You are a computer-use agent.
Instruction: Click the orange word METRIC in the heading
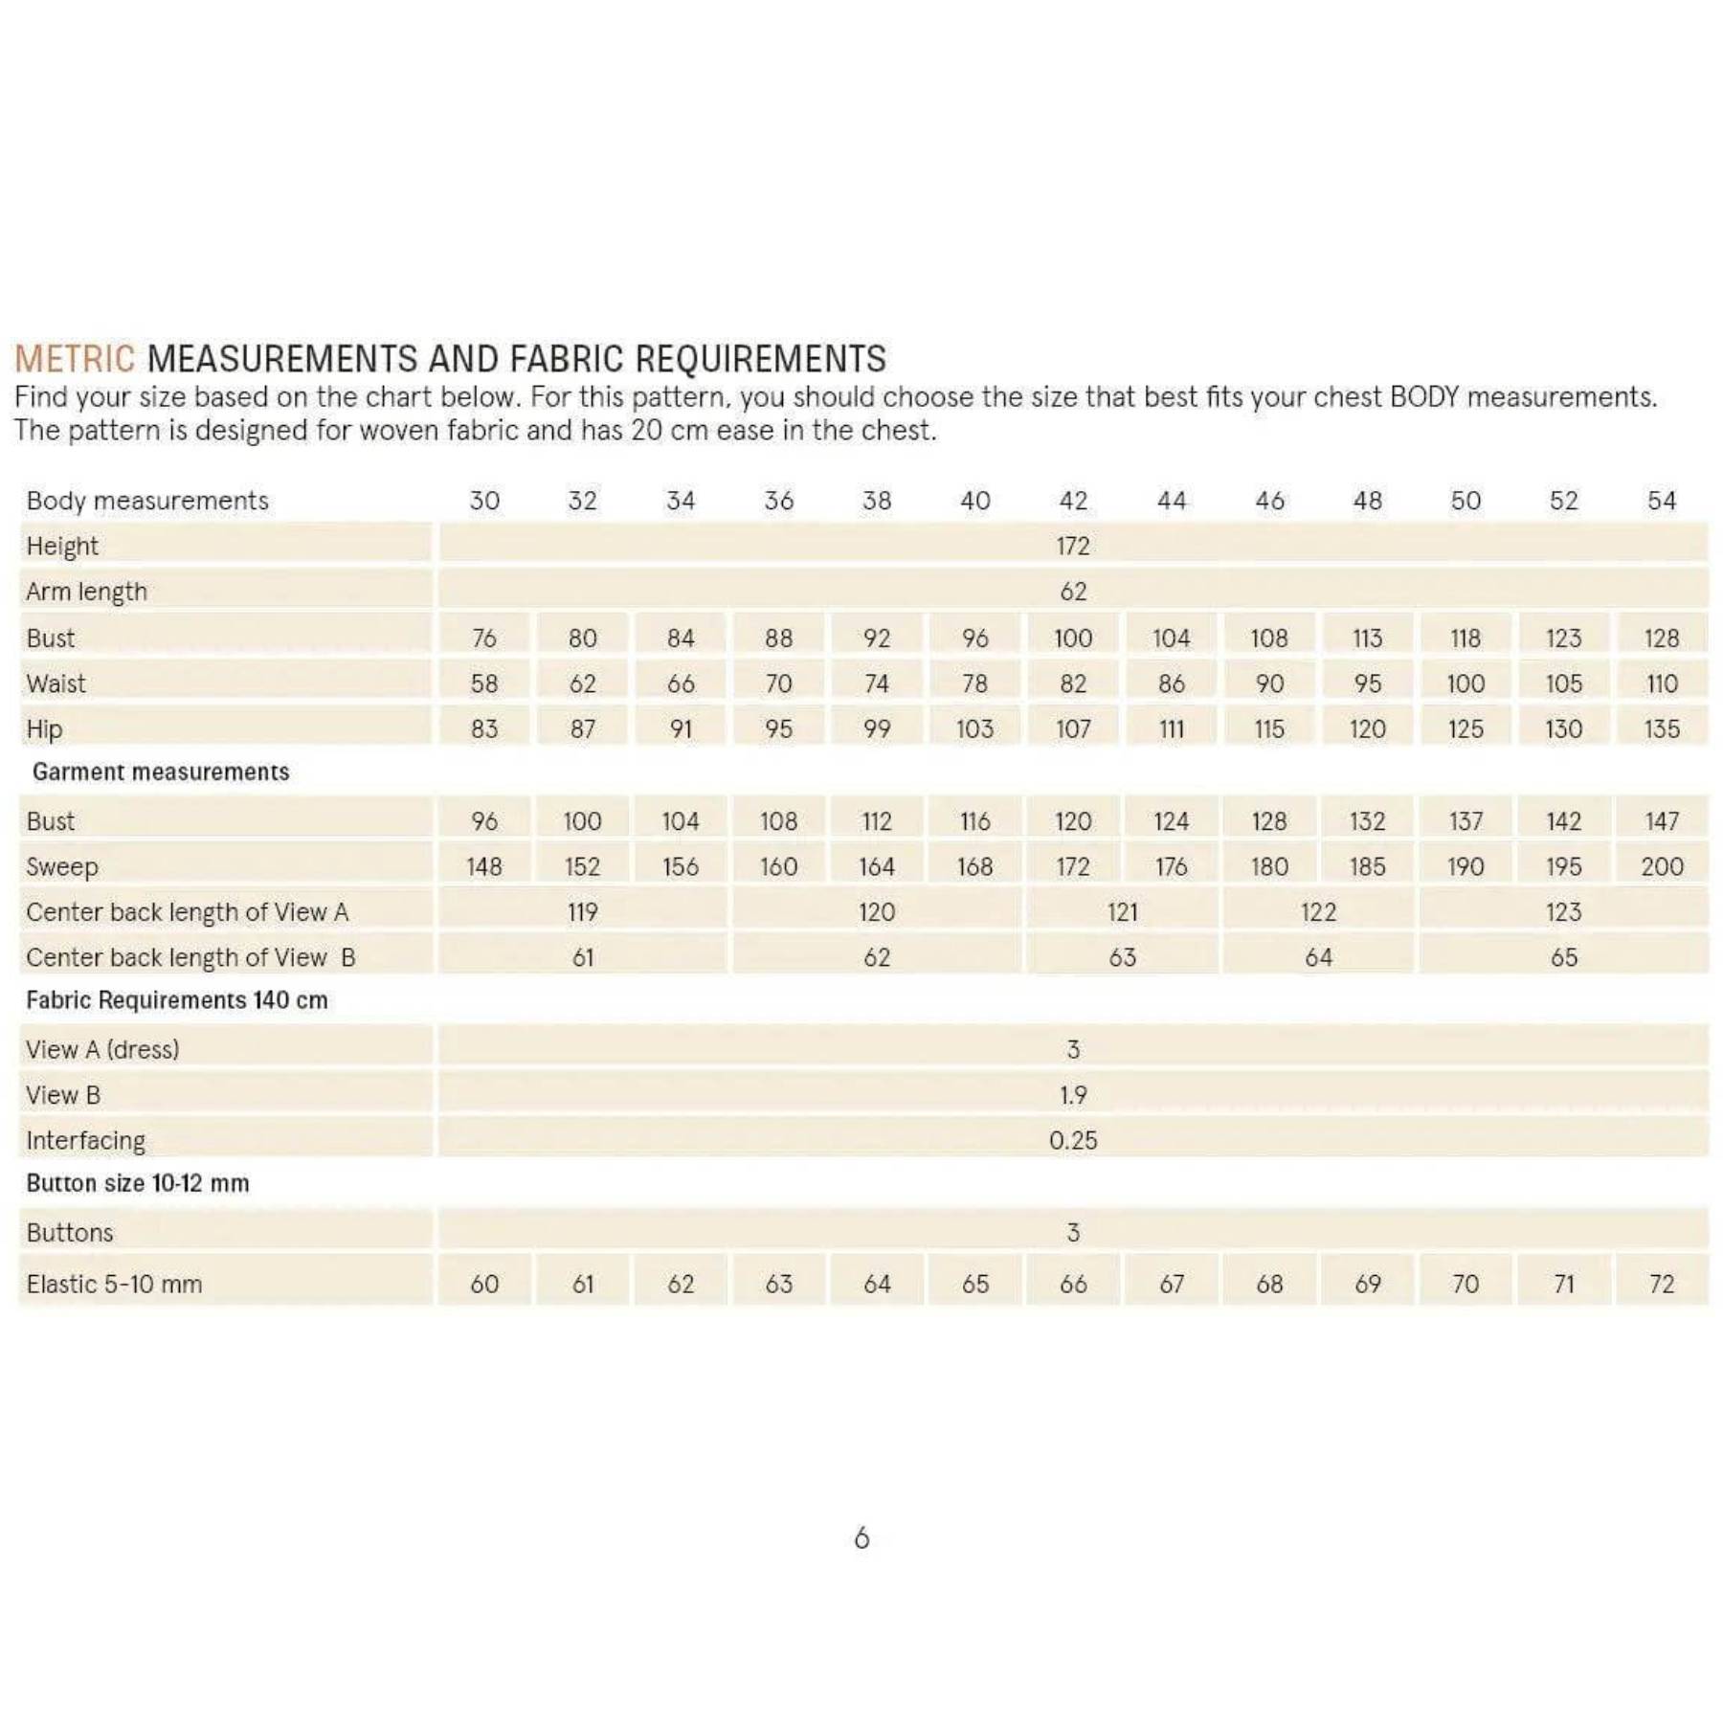[74, 359]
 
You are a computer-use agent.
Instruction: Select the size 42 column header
[1073, 501]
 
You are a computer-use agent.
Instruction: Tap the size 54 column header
[1662, 501]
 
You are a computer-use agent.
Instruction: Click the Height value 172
[1073, 546]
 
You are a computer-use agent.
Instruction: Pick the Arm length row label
[86, 592]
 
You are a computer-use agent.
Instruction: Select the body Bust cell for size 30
[484, 638]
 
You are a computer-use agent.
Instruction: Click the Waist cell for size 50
[1466, 683]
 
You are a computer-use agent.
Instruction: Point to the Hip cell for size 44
[1172, 729]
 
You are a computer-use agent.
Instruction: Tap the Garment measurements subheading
[161, 772]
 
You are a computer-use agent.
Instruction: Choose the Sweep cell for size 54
[1662, 866]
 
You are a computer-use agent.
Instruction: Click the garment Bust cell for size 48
[1367, 821]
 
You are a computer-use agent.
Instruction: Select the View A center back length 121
[1122, 912]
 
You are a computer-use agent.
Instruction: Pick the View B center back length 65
[1563, 957]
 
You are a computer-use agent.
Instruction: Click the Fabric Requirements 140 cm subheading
[177, 1000]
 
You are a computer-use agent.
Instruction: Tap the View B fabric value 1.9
[1073, 1095]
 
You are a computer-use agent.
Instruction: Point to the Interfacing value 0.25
[1073, 1140]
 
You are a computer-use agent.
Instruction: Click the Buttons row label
[70, 1233]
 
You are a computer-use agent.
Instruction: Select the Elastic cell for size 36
[778, 1284]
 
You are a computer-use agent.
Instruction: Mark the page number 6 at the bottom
[861, 1538]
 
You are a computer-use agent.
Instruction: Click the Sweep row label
[62, 867]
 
